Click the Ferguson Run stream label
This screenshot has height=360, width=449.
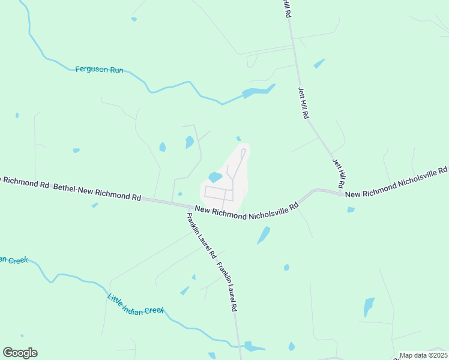coord(99,70)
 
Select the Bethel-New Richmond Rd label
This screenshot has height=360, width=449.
coord(97,192)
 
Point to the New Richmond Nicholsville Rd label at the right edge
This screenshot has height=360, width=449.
coord(396,182)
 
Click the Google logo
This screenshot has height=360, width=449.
coord(20,353)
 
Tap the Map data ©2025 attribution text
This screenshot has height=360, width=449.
coord(423,355)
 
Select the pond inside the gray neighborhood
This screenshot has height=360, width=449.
coord(215,178)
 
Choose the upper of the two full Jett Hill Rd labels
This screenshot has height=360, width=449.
coord(304,103)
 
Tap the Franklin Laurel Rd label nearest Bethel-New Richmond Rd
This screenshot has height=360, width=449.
coord(200,236)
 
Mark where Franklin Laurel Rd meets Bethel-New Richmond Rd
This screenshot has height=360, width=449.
coord(186,205)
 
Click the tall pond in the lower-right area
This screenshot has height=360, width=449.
coord(369,307)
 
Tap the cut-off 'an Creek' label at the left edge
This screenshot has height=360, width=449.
coord(14,260)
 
